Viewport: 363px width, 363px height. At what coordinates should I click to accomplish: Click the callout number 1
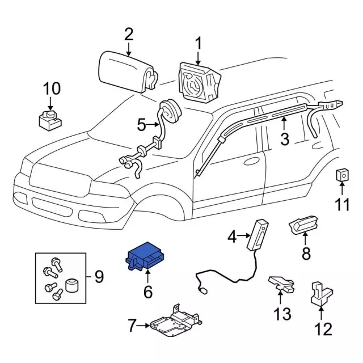199,43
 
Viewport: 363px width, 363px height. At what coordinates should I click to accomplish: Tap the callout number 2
129,35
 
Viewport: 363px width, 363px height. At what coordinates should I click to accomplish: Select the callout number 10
51,88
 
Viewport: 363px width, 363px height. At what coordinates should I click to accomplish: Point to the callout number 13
282,313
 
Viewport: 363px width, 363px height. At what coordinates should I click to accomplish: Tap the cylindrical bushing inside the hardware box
71,284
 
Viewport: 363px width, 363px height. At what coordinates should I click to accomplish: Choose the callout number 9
99,277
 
